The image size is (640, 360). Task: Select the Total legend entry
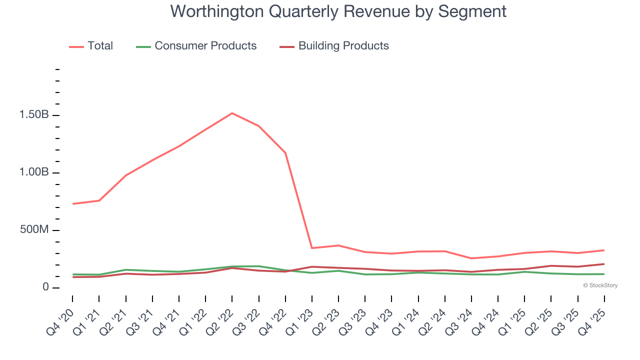91,46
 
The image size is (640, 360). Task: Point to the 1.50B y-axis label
34,115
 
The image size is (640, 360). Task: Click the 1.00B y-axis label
34,172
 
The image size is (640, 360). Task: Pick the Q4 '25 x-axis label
593,320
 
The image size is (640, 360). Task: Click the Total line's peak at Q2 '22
232,113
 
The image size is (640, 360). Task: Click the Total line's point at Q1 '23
312,248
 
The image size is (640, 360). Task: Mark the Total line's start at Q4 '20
72,204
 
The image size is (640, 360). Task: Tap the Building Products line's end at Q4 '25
604,264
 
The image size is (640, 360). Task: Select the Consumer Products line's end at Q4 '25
604,274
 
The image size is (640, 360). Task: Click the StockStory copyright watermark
600,285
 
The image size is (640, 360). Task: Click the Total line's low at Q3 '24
471,258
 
